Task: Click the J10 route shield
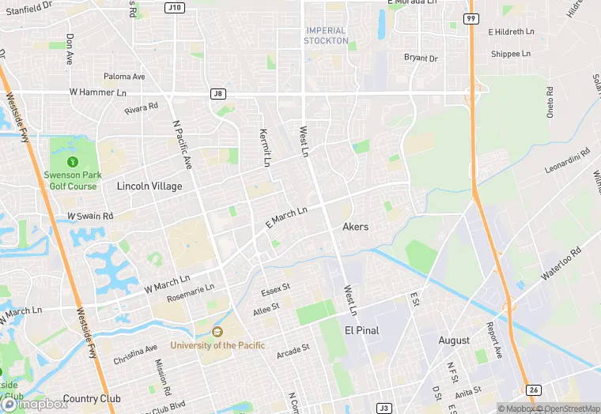(x=175, y=7)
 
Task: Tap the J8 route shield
(x=219, y=93)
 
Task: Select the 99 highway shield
(x=471, y=18)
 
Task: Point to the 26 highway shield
(x=535, y=390)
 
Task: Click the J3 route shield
(x=384, y=408)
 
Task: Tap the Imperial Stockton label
(x=326, y=36)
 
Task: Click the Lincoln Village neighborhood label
(x=149, y=186)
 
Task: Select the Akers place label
(x=355, y=227)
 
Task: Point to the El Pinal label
(x=363, y=329)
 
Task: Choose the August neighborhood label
(x=454, y=341)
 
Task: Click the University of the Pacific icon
(x=217, y=332)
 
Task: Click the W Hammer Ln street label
(x=98, y=92)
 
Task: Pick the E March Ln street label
(x=285, y=219)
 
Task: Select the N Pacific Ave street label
(x=183, y=145)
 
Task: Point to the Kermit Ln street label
(x=266, y=148)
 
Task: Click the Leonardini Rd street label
(x=568, y=161)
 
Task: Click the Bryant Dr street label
(x=421, y=58)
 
